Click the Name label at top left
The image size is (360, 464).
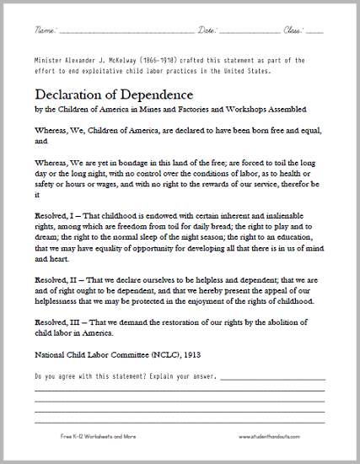point(45,30)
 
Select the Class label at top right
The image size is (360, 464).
point(294,30)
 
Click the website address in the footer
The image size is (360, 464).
point(277,435)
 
